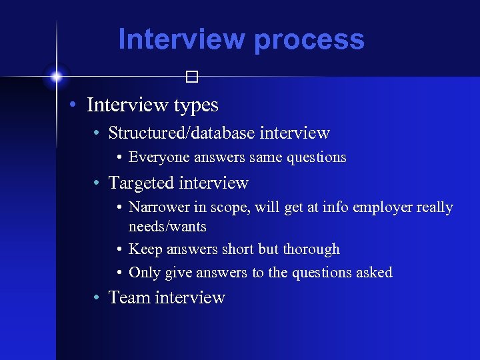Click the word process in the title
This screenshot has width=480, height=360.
point(309,40)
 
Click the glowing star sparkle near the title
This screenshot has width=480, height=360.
point(56,77)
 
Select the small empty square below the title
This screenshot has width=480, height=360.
point(193,77)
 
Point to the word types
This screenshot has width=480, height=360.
point(196,105)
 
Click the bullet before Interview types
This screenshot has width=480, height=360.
point(77,105)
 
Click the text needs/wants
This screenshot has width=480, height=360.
point(167,227)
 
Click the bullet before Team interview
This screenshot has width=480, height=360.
point(98,298)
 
